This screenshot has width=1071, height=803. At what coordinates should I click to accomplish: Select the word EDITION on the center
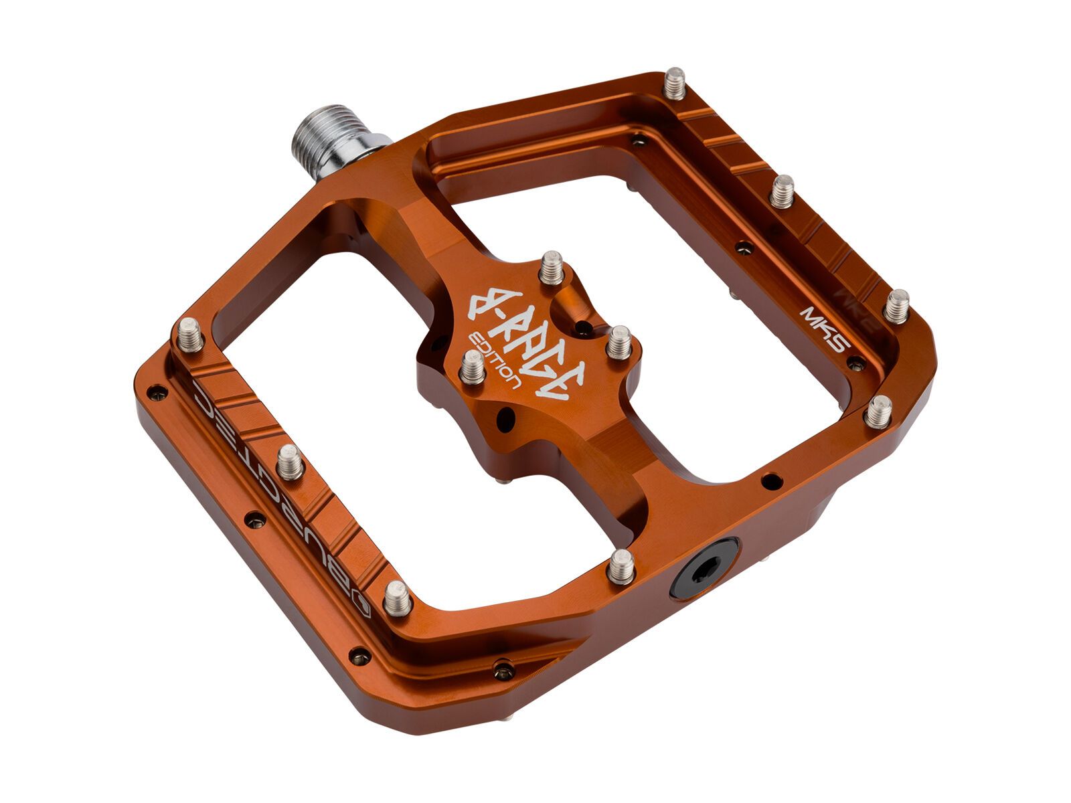click(495, 361)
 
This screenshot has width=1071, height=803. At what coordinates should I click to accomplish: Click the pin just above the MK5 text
click(896, 306)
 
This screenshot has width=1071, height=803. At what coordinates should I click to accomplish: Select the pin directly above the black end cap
click(621, 566)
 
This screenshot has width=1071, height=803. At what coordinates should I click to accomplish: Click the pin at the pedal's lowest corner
click(397, 598)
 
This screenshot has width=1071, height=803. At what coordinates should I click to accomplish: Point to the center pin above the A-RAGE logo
click(552, 267)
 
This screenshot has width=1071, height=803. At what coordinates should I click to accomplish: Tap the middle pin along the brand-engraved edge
click(291, 462)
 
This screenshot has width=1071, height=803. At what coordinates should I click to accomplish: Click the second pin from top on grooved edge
click(782, 191)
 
